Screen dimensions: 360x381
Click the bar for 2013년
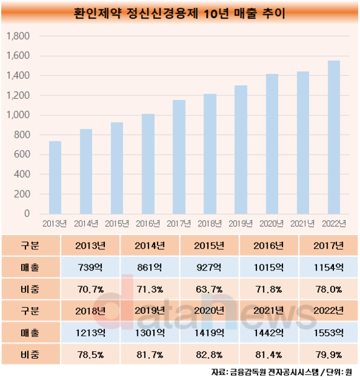pos(55,177)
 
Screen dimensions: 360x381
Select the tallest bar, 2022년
pos(334,137)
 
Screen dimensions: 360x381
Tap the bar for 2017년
pos(179,157)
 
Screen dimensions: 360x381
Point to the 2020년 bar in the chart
pos(272,144)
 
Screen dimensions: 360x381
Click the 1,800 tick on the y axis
pos(18,36)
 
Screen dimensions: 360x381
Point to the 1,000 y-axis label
pos(18,115)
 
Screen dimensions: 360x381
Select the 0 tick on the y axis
pos(27,213)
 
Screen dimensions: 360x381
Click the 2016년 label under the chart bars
pos(148,223)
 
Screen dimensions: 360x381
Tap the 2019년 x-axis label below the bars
pos(241,223)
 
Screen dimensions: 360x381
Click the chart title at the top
pos(179,13)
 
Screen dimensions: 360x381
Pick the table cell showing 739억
pos(90,267)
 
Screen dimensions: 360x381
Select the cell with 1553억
pos(328,333)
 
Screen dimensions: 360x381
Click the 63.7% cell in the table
pos(209,289)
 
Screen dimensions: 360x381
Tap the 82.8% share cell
pos(209,355)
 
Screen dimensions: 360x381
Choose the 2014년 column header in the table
pos(150,246)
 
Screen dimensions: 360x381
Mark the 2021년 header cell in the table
pos(269,311)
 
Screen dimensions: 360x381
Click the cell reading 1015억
pos(269,267)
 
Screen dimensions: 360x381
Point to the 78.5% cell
pos(90,355)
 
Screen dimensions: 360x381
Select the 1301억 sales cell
pos(150,333)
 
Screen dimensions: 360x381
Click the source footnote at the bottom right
pos(282,372)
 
